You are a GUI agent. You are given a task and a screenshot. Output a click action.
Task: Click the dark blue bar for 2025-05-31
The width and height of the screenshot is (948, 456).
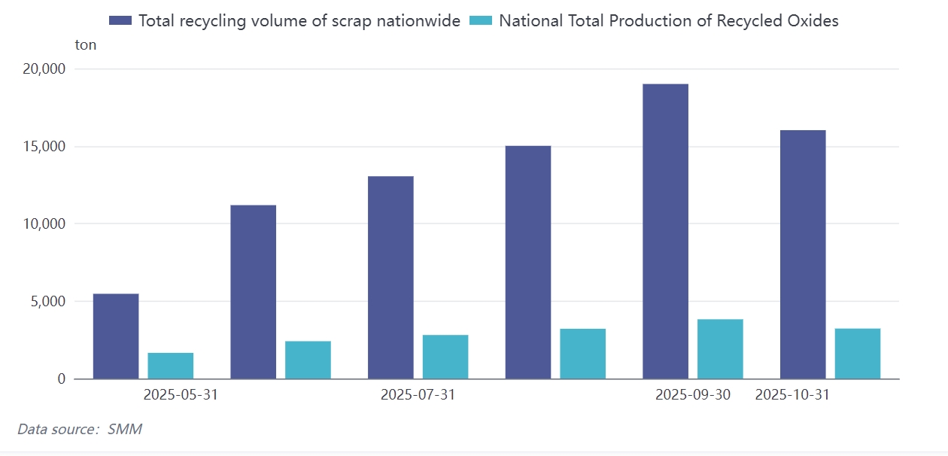116,336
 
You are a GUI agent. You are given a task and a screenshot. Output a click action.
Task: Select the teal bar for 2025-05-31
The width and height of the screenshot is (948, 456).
171,366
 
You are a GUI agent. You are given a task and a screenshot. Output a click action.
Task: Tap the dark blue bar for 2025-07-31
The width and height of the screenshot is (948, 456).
390,278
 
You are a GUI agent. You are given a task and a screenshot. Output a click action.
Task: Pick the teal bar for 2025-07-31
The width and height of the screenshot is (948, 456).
445,357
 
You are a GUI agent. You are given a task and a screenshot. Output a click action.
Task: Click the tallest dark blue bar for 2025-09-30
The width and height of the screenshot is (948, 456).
665,231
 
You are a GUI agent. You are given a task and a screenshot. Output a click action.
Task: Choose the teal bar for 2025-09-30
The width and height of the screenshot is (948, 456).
720,349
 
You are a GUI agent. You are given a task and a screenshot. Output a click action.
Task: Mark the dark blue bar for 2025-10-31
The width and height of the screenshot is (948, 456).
803,254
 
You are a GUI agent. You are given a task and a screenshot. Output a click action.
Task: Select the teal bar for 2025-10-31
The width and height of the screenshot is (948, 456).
858,354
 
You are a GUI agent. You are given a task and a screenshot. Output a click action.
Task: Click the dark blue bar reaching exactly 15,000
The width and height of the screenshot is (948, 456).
528,262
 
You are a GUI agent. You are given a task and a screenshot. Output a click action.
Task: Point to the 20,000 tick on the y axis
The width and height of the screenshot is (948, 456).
44,69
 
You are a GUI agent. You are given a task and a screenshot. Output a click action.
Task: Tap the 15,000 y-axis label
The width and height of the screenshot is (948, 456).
44,147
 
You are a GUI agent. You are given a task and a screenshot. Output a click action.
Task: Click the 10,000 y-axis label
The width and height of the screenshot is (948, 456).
44,224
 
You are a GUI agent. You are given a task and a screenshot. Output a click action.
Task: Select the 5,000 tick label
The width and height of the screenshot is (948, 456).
48,302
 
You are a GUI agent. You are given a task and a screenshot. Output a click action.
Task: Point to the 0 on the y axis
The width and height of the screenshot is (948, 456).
62,379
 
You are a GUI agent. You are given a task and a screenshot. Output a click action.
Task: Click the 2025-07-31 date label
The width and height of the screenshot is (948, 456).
418,395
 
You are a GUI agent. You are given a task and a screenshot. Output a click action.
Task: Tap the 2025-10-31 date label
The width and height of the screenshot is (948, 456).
792,395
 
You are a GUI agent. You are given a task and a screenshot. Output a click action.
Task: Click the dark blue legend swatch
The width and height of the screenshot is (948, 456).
120,20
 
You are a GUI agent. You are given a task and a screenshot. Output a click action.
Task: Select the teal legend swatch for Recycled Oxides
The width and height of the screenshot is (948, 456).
481,20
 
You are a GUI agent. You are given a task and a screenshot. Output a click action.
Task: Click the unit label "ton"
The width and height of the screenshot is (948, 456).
86,45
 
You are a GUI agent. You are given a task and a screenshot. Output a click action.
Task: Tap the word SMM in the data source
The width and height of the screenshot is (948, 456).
125,430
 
